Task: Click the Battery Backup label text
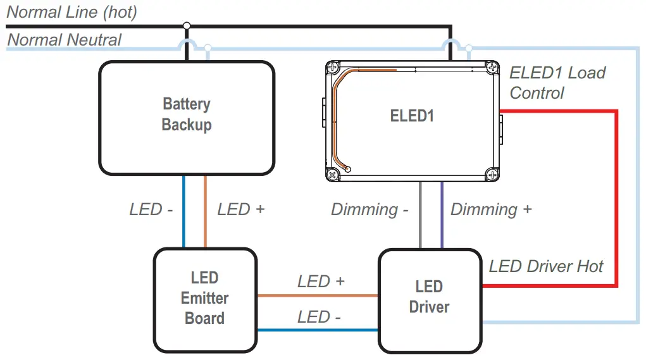click(x=186, y=115)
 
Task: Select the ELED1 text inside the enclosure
click(x=412, y=115)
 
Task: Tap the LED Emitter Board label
click(x=204, y=297)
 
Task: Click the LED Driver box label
click(x=429, y=297)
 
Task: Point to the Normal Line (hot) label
click(x=71, y=11)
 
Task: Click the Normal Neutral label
click(x=64, y=40)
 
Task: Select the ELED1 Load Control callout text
click(x=557, y=83)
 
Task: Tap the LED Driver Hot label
click(x=546, y=266)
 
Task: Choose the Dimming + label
click(x=491, y=209)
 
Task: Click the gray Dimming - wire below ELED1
click(x=420, y=215)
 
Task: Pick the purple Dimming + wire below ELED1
click(x=442, y=215)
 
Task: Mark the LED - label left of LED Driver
click(x=319, y=317)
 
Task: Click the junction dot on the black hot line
click(x=186, y=26)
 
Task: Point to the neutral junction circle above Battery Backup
click(x=208, y=48)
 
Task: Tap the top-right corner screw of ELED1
click(x=492, y=66)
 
